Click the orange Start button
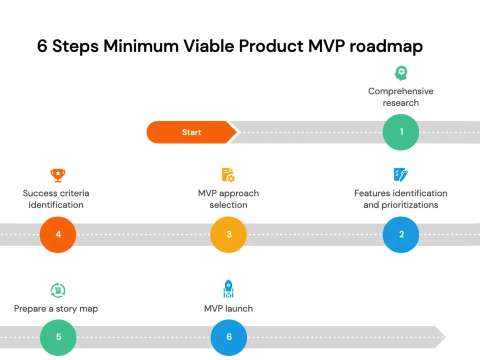[191, 132]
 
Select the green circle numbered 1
[401, 132]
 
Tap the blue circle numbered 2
[401, 234]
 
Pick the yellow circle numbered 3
[228, 234]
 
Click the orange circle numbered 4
[58, 234]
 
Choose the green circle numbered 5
[58, 336]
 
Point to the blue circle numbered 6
[228, 336]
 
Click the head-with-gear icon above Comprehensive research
[401, 73]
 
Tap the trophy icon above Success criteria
[58, 175]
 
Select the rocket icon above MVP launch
[228, 289]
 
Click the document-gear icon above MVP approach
[228, 175]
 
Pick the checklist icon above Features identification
[400, 175]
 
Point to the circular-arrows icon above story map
[58, 290]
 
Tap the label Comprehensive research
[401, 97]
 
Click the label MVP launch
[228, 309]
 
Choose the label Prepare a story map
[56, 309]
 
